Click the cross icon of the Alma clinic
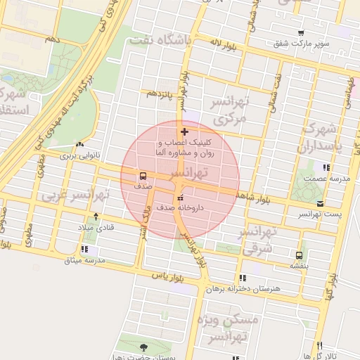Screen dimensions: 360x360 184,131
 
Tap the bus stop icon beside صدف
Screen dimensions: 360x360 143,176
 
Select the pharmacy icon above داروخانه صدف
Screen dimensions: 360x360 181,198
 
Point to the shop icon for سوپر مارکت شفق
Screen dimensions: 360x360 301,33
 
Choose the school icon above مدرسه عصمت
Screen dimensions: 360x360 326,167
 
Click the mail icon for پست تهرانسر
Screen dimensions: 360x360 320,203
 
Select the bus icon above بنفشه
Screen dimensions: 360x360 300,255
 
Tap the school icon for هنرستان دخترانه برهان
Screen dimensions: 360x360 243,278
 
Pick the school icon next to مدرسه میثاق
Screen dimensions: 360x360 85,249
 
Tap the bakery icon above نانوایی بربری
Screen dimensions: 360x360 79,144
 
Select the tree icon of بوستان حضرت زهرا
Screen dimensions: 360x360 144,347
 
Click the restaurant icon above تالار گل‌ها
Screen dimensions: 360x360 320,345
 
